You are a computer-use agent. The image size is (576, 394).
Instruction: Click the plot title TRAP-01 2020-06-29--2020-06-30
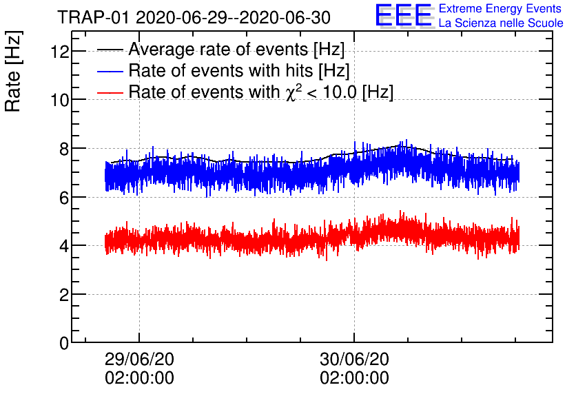193,17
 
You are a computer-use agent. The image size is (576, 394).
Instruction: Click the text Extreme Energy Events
500,9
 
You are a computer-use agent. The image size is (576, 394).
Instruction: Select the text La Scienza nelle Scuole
501,23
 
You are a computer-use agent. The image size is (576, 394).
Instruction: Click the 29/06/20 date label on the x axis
139,360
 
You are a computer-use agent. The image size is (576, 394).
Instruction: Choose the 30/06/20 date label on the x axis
354,360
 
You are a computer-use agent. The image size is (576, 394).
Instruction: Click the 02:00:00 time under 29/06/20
139,378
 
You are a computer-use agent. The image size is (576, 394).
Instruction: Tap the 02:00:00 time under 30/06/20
354,378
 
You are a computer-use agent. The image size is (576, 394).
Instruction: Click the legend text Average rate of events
236,50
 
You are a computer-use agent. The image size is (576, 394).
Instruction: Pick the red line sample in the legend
110,92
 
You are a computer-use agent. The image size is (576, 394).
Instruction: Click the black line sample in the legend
110,50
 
